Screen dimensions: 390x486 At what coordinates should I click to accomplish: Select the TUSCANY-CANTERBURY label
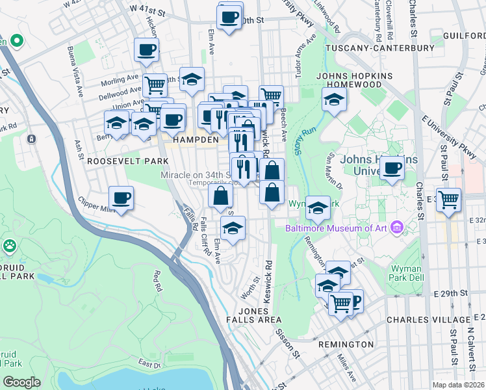[379, 48]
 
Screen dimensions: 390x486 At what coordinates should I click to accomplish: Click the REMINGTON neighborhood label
[345, 344]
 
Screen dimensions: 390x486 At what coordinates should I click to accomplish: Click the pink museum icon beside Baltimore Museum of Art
[397, 227]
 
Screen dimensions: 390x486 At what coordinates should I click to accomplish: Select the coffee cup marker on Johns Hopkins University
[392, 168]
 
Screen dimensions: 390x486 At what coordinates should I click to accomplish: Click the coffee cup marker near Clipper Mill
[121, 197]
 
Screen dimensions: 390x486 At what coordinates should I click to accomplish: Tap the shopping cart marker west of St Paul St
[448, 200]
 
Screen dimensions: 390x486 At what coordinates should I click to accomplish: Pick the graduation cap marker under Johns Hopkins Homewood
[334, 99]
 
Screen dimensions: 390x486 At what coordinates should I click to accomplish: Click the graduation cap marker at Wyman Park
[317, 207]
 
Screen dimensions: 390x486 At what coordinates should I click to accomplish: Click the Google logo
[22, 382]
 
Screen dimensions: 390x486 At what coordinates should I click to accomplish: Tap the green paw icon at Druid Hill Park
[10, 246]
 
